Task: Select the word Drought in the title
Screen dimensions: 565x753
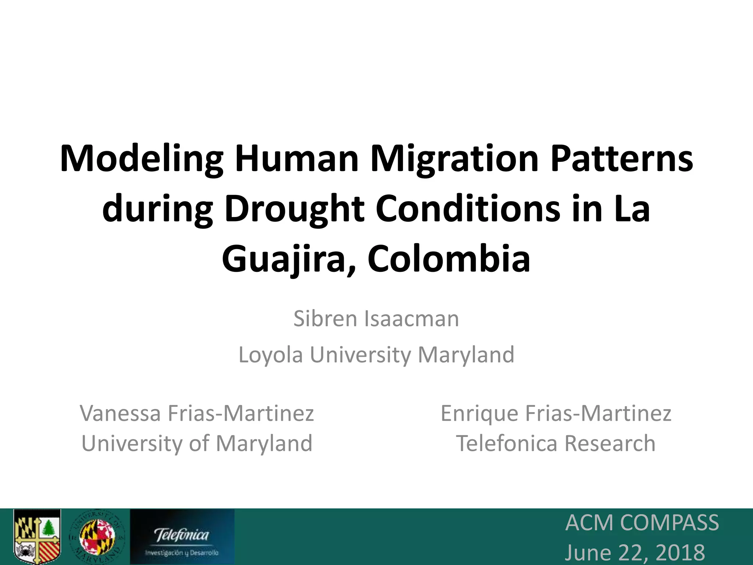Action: tap(295, 209)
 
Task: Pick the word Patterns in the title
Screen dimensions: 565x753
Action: tap(621, 159)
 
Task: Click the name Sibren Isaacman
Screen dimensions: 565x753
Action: tap(376, 319)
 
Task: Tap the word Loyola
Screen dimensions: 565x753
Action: tap(271, 355)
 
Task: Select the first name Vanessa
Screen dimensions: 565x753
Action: tap(121, 413)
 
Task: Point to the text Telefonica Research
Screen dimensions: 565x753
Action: tap(556, 443)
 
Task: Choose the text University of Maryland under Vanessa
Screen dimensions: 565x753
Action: tap(197, 443)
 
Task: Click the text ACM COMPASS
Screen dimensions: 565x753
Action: tap(642, 522)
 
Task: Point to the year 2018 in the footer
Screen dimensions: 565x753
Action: tap(680, 553)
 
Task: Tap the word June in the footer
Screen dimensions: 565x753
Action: tap(588, 553)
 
